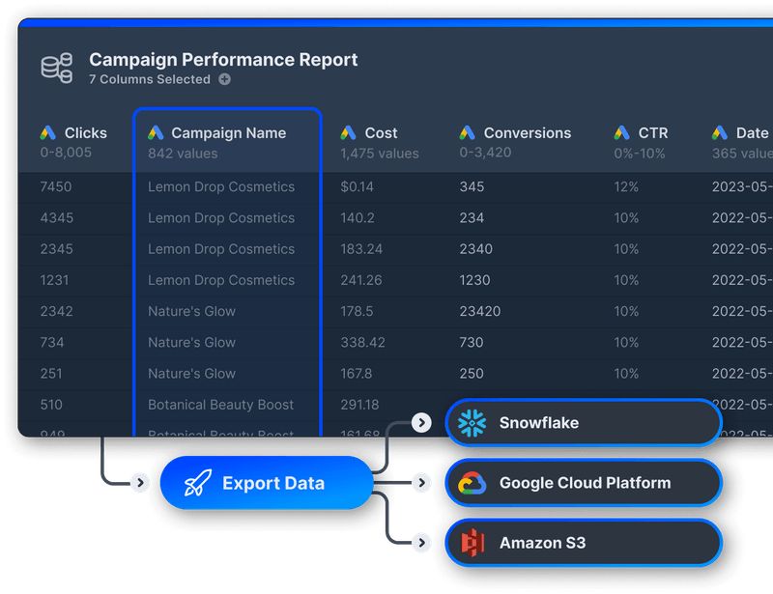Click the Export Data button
coord(266,483)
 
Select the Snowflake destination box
coord(583,423)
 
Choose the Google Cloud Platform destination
coord(583,483)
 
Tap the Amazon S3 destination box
coord(583,543)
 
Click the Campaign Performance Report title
coord(223,60)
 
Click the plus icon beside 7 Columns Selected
coord(224,80)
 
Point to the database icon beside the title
coord(57,68)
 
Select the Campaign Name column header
coord(228,133)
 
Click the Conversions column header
coord(527,133)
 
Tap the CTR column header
coord(652,133)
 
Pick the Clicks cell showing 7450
coord(56,187)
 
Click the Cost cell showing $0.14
coord(357,187)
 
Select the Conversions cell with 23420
coord(479,311)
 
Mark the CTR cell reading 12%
coord(626,187)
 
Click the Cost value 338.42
coord(362,342)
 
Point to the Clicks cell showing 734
coord(52,342)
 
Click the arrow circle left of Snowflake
coord(420,422)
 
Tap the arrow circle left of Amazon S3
coord(420,544)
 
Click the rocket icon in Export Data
coord(198,483)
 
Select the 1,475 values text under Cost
coord(380,154)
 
